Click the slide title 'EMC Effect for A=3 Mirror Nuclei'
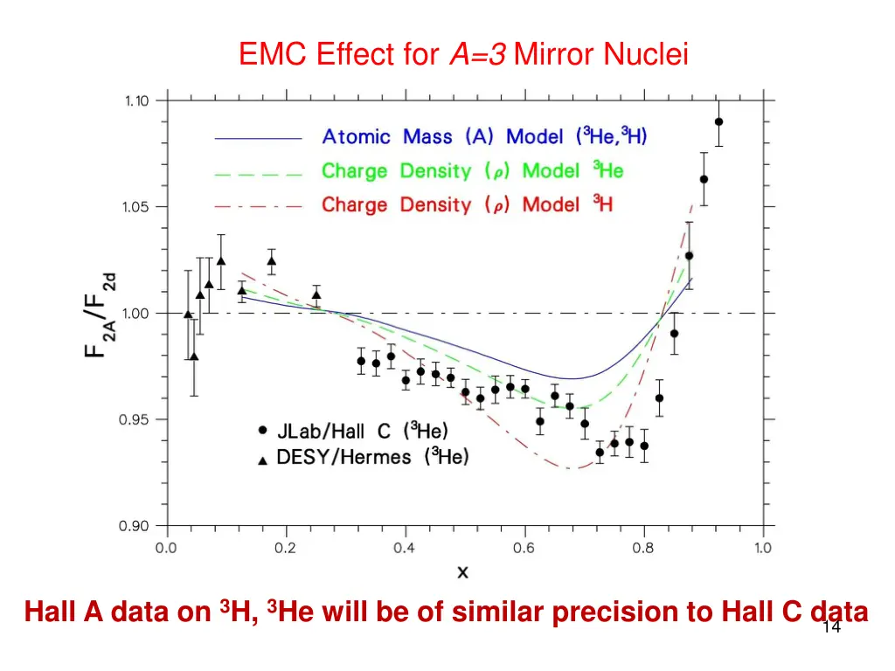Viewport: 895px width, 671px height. pos(463,56)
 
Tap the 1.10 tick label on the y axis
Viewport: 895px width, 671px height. pos(135,100)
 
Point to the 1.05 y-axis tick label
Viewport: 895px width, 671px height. pos(135,207)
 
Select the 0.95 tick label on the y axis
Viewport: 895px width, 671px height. pos(135,419)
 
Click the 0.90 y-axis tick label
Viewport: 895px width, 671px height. pos(135,526)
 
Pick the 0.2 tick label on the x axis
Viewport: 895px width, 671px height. pos(285,548)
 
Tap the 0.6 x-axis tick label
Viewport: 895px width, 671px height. pos(524,548)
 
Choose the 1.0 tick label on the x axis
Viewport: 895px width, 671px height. pos(763,548)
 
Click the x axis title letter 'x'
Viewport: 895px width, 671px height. pos(463,572)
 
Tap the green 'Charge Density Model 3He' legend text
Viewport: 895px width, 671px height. pos(472,171)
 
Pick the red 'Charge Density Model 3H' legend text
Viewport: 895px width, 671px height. pos(467,205)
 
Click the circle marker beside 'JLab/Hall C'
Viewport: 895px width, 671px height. pos(263,430)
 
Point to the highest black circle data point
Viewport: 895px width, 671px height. pos(718,122)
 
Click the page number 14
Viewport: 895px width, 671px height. pos(831,627)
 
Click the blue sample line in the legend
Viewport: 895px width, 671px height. pos(258,138)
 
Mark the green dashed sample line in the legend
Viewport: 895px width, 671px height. pos(258,173)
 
